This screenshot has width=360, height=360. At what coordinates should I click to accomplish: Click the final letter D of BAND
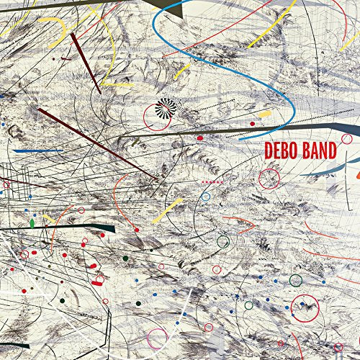pyautogui.click(x=334, y=151)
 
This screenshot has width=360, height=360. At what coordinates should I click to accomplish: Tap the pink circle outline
pyautogui.click(x=158, y=337)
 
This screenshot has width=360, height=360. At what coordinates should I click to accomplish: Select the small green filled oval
pyautogui.click(x=32, y=223)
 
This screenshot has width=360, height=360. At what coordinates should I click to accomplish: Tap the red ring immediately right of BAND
pyautogui.click(x=347, y=138)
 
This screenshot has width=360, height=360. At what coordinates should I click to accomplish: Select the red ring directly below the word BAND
pyautogui.click(x=269, y=177)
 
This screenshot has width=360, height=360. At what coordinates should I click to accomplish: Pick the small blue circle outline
pyautogui.click(x=206, y=196)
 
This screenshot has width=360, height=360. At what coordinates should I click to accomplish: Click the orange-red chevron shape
pyautogui.click(x=356, y=173)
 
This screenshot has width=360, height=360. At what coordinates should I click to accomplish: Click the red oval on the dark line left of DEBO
pyautogui.click(x=200, y=137)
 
